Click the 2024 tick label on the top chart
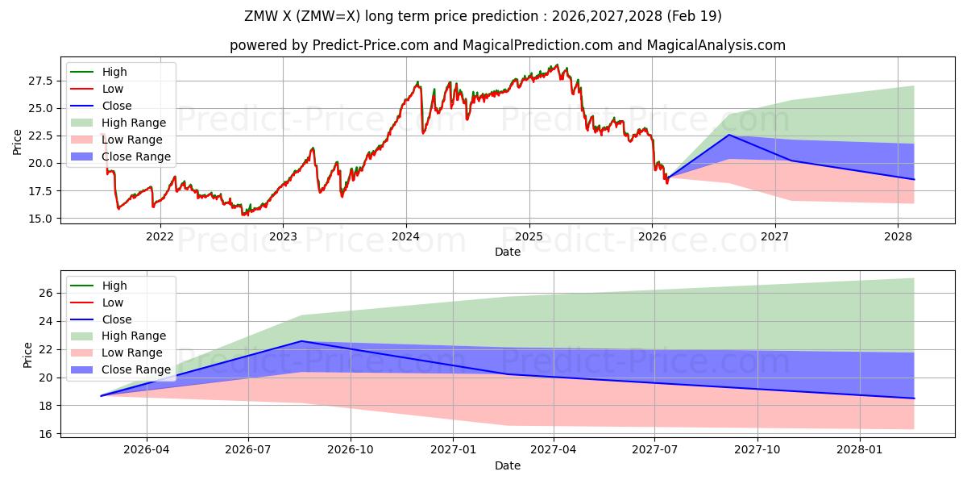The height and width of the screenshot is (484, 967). click(x=405, y=236)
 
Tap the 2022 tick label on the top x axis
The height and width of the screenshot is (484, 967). click(x=160, y=236)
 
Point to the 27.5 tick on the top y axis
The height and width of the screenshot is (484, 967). click(x=41, y=81)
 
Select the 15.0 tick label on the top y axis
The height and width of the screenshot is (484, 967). click(x=41, y=219)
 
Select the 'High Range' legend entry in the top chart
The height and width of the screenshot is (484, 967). click(x=134, y=123)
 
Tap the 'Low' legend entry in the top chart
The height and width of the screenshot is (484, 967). click(x=113, y=89)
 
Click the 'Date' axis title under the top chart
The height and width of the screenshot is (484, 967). click(x=508, y=252)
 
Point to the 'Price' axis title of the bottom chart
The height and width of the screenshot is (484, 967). click(x=28, y=355)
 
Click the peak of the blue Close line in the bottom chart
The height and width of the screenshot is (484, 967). click(x=302, y=340)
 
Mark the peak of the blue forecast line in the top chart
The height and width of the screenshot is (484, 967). click(x=729, y=135)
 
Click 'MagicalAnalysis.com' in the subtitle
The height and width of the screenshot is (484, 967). click(x=716, y=45)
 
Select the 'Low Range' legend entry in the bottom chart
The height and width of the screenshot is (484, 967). click(x=132, y=353)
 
